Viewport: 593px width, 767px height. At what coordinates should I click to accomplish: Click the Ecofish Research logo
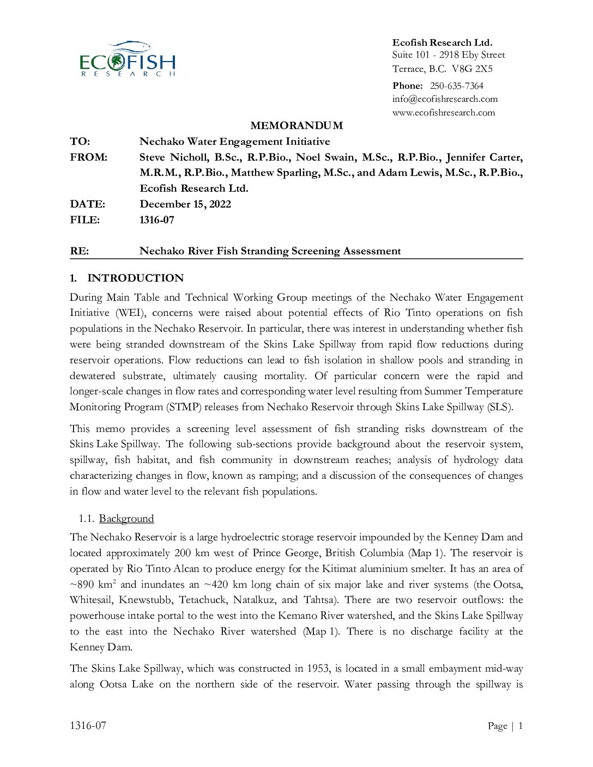pyautogui.click(x=128, y=58)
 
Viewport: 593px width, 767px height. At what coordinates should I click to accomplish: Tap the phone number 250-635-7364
pyautogui.click(x=456, y=86)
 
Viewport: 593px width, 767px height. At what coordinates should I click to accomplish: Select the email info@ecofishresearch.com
pyautogui.click(x=445, y=99)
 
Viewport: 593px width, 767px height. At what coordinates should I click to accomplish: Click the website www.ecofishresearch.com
pyautogui.click(x=444, y=113)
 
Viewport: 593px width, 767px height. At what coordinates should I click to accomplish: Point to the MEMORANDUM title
pyautogui.click(x=296, y=126)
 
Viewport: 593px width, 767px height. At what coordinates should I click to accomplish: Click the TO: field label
pyautogui.click(x=80, y=142)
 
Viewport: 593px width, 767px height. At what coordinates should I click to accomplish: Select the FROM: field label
pyautogui.click(x=88, y=157)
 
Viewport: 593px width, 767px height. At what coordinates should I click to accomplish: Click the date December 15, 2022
pyautogui.click(x=185, y=204)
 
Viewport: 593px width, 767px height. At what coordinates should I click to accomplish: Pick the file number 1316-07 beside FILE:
pyautogui.click(x=157, y=220)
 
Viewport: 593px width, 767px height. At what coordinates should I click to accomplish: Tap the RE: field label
pyautogui.click(x=79, y=251)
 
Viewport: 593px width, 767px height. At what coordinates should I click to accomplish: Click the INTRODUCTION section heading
pyautogui.click(x=135, y=278)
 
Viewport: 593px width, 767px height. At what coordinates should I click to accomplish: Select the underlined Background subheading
pyautogui.click(x=126, y=519)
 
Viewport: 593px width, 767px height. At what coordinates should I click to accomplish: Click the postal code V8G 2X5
pyautogui.click(x=472, y=69)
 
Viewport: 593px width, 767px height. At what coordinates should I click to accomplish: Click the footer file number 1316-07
pyautogui.click(x=88, y=726)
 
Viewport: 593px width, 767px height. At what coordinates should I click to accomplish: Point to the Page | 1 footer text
pyautogui.click(x=505, y=726)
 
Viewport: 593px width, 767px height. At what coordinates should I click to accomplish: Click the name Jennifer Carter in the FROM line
pyautogui.click(x=484, y=157)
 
